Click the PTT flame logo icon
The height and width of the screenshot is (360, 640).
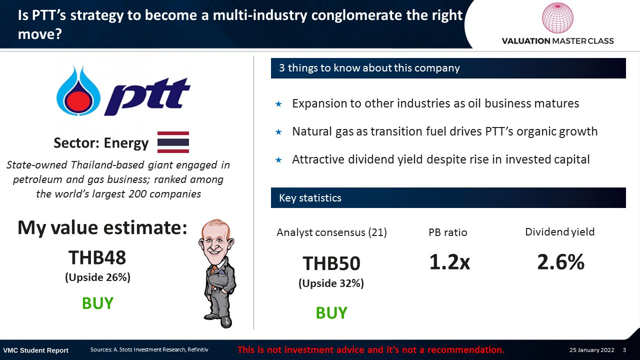(x=78, y=91)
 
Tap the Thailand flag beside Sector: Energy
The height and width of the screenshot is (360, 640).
(x=173, y=142)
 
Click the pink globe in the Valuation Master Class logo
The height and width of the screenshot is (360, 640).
(x=557, y=17)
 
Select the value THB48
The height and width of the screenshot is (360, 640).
(x=97, y=257)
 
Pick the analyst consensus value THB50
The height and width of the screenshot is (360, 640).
(x=331, y=263)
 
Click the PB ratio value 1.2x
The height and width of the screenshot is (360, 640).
(x=449, y=261)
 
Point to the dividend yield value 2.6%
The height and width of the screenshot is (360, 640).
(x=560, y=261)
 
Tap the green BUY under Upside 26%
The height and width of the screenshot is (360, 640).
(x=97, y=303)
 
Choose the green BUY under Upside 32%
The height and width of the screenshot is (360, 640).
(x=331, y=313)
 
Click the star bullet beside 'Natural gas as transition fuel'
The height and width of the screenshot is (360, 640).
(x=278, y=132)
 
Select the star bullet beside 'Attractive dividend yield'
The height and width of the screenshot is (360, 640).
(x=278, y=160)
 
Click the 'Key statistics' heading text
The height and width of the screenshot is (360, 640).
(x=310, y=197)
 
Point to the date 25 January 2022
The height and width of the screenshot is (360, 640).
(x=591, y=350)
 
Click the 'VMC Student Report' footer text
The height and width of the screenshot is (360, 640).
(x=35, y=350)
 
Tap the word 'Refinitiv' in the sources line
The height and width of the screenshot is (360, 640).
(x=197, y=349)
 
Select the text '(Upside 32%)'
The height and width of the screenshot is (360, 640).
(x=331, y=283)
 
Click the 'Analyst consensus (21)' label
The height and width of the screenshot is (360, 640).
(x=331, y=232)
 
